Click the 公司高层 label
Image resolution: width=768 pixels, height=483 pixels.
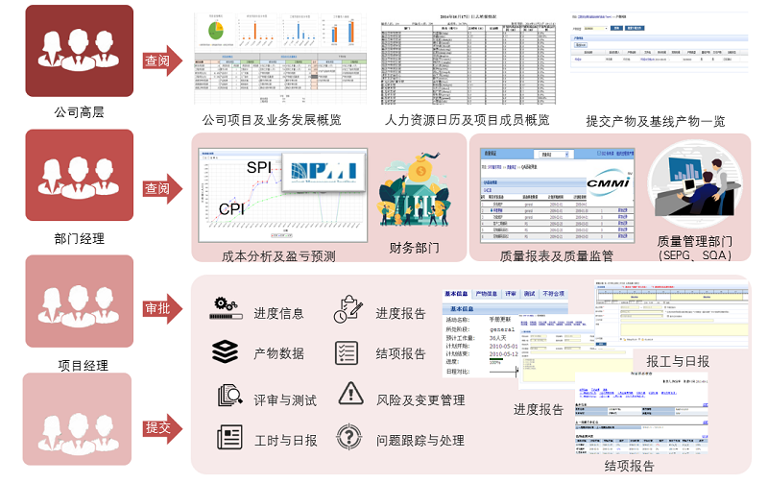tap(80, 112)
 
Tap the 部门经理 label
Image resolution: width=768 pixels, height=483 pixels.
tap(80, 238)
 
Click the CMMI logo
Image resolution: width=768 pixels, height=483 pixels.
tap(607, 180)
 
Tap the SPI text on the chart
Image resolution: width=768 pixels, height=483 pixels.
tap(259, 168)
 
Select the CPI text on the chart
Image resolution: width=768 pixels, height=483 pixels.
tap(231, 208)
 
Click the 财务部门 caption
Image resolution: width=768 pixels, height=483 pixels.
tap(414, 249)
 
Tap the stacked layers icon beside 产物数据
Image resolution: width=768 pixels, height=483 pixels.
tap(226, 352)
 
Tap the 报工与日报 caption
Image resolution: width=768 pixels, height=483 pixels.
tap(677, 361)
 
